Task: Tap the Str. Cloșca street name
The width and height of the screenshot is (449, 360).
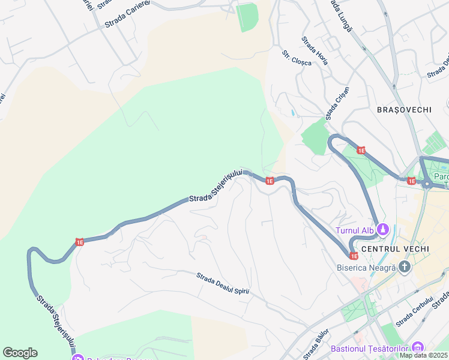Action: pos(297,58)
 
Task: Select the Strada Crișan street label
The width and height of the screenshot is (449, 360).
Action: pos(337,103)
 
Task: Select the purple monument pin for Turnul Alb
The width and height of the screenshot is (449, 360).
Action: pos(384,229)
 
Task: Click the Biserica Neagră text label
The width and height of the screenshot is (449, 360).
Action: pos(366,268)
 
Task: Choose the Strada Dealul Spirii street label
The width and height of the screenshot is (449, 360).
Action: pos(222,284)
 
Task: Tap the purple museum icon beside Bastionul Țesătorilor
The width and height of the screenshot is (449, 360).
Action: pos(418,347)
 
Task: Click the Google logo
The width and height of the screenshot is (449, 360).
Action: pos(20,353)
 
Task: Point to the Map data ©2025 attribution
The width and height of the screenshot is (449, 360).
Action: pos(424,355)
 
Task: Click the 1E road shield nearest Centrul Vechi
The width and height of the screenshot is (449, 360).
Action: pos(354,256)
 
